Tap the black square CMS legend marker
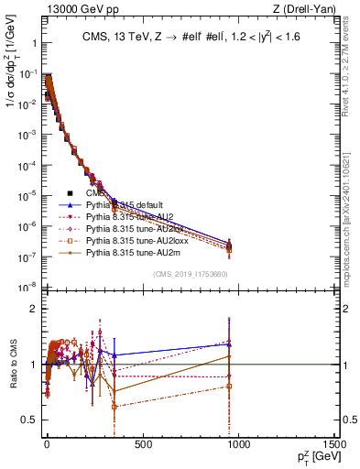pyautogui.click(x=69, y=194)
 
